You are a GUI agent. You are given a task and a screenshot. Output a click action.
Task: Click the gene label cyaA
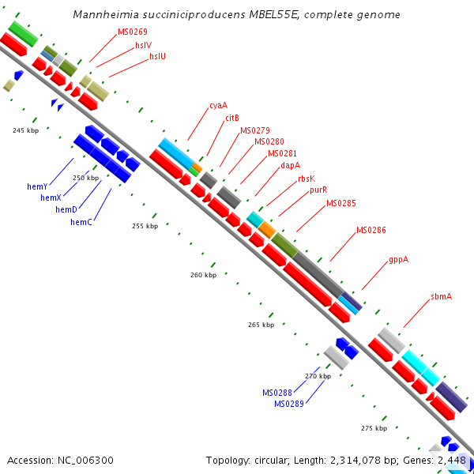tap(218, 105)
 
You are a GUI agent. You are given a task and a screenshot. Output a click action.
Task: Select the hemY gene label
tap(37, 186)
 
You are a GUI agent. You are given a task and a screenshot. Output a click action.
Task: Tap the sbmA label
tap(442, 296)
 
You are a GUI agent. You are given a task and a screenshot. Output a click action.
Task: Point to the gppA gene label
tap(398, 259)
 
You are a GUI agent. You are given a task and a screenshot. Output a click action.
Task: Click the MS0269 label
tap(133, 32)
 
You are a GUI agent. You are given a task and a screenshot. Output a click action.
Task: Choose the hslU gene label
tap(158, 56)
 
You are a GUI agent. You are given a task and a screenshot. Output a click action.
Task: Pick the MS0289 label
tap(289, 404)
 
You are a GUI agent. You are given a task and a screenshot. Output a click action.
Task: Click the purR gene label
tap(318, 190)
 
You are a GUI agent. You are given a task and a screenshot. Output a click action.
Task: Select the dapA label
tap(290, 166)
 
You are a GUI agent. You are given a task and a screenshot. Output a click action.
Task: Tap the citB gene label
tap(232, 118)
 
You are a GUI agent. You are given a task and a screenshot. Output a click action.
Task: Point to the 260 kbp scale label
tap(203, 275)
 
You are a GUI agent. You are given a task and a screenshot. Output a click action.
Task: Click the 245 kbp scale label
tap(25, 130)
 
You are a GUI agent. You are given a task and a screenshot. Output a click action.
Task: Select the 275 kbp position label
tap(374, 427)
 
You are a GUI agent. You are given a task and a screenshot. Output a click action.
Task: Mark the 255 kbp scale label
tap(145, 226)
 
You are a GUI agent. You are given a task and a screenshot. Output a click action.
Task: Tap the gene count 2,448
tap(453, 460)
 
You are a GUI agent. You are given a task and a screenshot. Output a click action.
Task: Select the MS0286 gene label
tap(371, 230)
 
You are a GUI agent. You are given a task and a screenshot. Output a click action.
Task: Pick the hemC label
tap(81, 222)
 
